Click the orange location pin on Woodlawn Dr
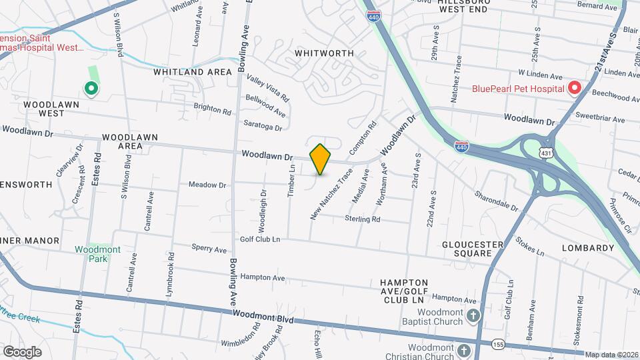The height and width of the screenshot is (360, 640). click(321, 159)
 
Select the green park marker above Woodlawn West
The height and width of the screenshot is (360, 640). click(90, 87)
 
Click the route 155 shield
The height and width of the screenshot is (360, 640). click(497, 344)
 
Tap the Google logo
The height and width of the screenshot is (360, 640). click(22, 351)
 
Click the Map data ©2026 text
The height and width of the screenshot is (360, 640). click(611, 353)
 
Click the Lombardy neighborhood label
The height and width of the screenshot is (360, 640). click(587, 248)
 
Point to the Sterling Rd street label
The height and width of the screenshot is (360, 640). click(362, 219)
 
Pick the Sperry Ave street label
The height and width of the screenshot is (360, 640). click(209, 249)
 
